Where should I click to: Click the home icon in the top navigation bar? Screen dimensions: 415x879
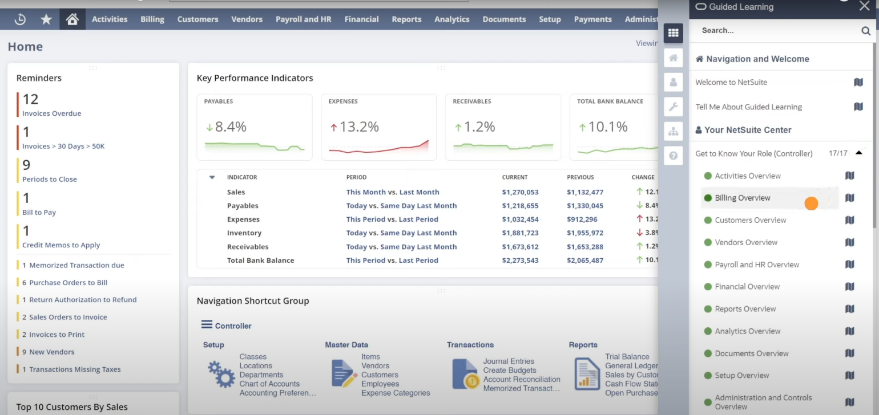[x=72, y=19]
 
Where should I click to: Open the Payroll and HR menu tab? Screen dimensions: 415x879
[x=303, y=19]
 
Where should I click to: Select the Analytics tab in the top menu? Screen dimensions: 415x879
[x=451, y=19]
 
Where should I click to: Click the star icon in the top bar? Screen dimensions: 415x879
[x=46, y=19]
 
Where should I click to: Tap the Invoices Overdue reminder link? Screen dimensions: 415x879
[x=51, y=113]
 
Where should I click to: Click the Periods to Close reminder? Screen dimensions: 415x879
[x=49, y=179]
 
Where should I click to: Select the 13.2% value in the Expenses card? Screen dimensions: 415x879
[x=359, y=127]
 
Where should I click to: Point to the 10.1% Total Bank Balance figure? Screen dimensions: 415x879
[x=607, y=127]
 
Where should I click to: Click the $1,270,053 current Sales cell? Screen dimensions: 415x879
[x=520, y=192]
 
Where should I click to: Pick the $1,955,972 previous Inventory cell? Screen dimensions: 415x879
[x=584, y=233]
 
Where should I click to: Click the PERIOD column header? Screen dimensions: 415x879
[x=356, y=177]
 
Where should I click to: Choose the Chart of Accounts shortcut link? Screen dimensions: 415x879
[x=269, y=384]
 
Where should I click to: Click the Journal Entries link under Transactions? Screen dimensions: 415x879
[x=509, y=361]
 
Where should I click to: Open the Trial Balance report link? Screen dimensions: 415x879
[x=627, y=356]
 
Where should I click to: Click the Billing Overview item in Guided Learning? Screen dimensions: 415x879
[x=742, y=198]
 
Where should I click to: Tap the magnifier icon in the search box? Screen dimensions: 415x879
[x=865, y=31]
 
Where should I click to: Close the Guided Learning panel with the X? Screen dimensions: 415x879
[x=864, y=6]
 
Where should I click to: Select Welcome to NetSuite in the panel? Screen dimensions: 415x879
[x=731, y=82]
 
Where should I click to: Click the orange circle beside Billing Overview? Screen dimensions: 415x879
[x=811, y=203]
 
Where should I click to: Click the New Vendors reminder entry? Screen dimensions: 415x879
[x=51, y=352]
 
